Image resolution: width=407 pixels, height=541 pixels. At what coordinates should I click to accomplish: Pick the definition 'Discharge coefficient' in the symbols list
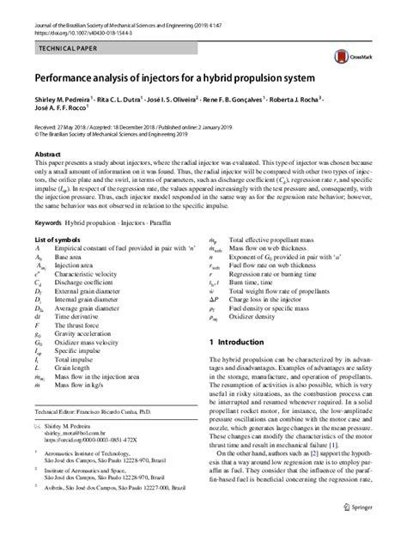click(94, 282)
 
